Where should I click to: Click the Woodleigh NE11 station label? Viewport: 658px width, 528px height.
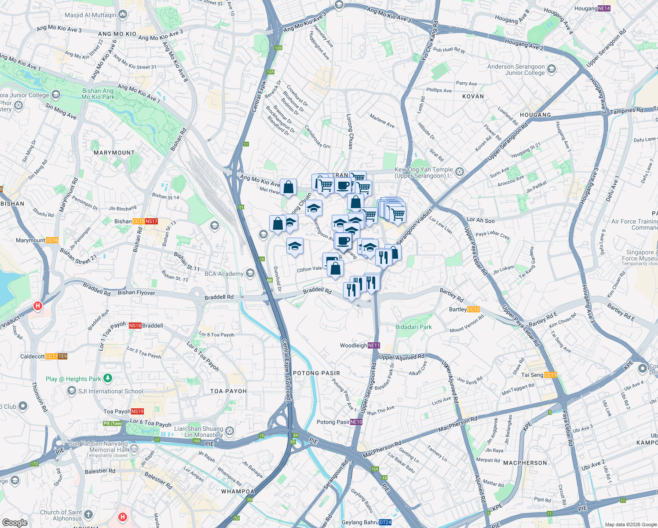(x=359, y=345)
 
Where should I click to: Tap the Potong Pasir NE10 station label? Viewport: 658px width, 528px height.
(x=339, y=422)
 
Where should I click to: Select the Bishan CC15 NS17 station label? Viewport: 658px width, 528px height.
(x=136, y=221)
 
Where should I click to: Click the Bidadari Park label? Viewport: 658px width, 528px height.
(x=413, y=327)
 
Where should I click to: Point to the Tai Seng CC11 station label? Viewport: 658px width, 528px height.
(x=539, y=375)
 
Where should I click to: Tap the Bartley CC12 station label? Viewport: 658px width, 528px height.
(x=464, y=309)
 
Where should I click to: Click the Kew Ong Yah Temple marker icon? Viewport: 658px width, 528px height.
(x=460, y=172)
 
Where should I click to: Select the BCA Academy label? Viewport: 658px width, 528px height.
(x=224, y=274)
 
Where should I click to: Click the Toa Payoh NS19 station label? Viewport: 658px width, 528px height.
(x=123, y=411)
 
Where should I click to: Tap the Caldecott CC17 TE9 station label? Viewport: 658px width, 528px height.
(x=43, y=356)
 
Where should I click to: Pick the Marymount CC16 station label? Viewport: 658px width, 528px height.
(x=37, y=240)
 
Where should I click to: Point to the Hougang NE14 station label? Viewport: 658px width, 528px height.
(x=592, y=8)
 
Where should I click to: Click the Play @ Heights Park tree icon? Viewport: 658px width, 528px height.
(x=108, y=378)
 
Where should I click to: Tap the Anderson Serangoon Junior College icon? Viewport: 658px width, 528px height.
(x=552, y=69)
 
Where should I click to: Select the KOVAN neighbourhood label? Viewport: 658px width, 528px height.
(x=473, y=96)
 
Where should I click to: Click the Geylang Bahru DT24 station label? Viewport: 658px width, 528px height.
(x=366, y=522)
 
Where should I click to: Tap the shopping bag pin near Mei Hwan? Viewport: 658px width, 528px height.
(x=289, y=187)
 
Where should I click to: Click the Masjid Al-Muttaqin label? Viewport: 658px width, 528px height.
(x=90, y=15)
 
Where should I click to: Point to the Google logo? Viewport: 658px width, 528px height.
(x=15, y=522)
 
